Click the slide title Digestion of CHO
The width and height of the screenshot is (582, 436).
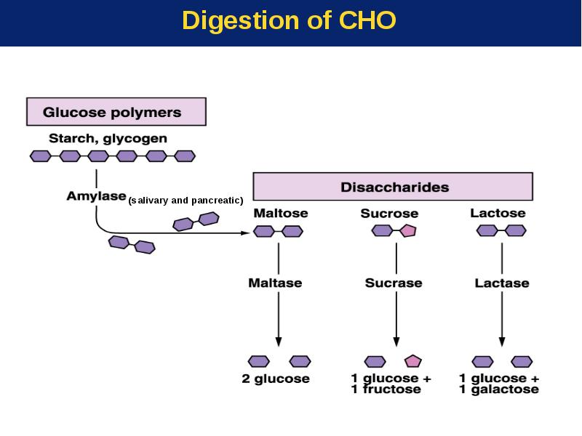(x=289, y=20)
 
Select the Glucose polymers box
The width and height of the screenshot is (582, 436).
(x=116, y=112)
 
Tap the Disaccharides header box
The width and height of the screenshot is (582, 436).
(x=393, y=187)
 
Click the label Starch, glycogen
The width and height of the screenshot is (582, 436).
(x=108, y=138)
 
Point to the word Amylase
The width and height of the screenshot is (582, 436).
(x=97, y=195)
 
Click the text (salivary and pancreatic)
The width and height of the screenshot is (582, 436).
(x=186, y=201)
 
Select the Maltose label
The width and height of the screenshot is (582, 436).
(x=281, y=213)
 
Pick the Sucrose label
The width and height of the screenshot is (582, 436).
(x=389, y=214)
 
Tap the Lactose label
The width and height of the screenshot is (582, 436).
(x=498, y=213)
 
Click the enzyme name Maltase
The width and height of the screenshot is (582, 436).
(x=275, y=283)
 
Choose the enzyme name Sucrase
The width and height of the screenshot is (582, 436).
(x=394, y=283)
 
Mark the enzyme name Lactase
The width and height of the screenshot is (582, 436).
(x=502, y=283)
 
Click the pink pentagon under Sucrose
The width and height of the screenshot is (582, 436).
(x=408, y=230)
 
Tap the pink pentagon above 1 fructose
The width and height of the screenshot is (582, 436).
(x=412, y=361)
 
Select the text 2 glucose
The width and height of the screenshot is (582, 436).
(x=276, y=379)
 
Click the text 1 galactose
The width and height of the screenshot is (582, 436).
(x=499, y=389)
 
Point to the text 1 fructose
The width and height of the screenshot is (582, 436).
(x=386, y=389)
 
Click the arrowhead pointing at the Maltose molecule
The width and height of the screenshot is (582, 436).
(x=245, y=233)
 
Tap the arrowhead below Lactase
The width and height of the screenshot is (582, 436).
(x=502, y=342)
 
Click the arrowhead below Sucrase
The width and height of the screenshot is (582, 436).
(x=396, y=342)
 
